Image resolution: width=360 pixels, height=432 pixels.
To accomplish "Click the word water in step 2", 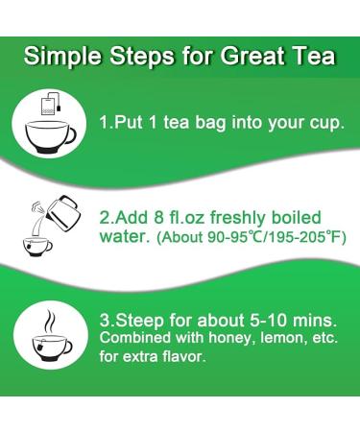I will (x=121, y=236).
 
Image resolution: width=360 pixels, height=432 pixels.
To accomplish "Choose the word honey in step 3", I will (x=235, y=340).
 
